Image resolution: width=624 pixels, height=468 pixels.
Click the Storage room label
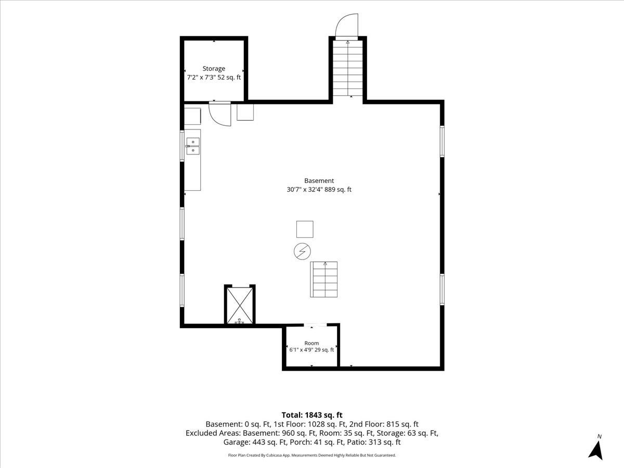point(214,69)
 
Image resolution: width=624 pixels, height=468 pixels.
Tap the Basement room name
point(319,180)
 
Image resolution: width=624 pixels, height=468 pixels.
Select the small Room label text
point(311,343)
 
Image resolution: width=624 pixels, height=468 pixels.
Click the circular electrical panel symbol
point(302,252)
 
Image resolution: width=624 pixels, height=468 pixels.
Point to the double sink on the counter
point(193,146)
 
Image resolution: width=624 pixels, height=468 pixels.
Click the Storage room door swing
point(219,114)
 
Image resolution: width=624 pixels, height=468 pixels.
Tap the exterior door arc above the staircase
point(346,25)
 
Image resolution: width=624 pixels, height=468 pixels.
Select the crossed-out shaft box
point(240,305)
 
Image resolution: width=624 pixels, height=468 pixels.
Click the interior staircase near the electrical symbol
point(324,279)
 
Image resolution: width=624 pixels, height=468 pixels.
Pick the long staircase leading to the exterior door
point(348,68)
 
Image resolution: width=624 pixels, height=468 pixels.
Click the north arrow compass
point(595,448)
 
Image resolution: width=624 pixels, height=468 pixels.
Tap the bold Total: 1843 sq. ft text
point(312,415)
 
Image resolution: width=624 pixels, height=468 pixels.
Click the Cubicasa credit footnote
point(312,455)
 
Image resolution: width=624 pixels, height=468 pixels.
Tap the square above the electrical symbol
point(305,229)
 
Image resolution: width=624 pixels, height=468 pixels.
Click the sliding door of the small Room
point(315,324)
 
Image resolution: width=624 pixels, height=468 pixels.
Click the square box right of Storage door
point(245,112)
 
